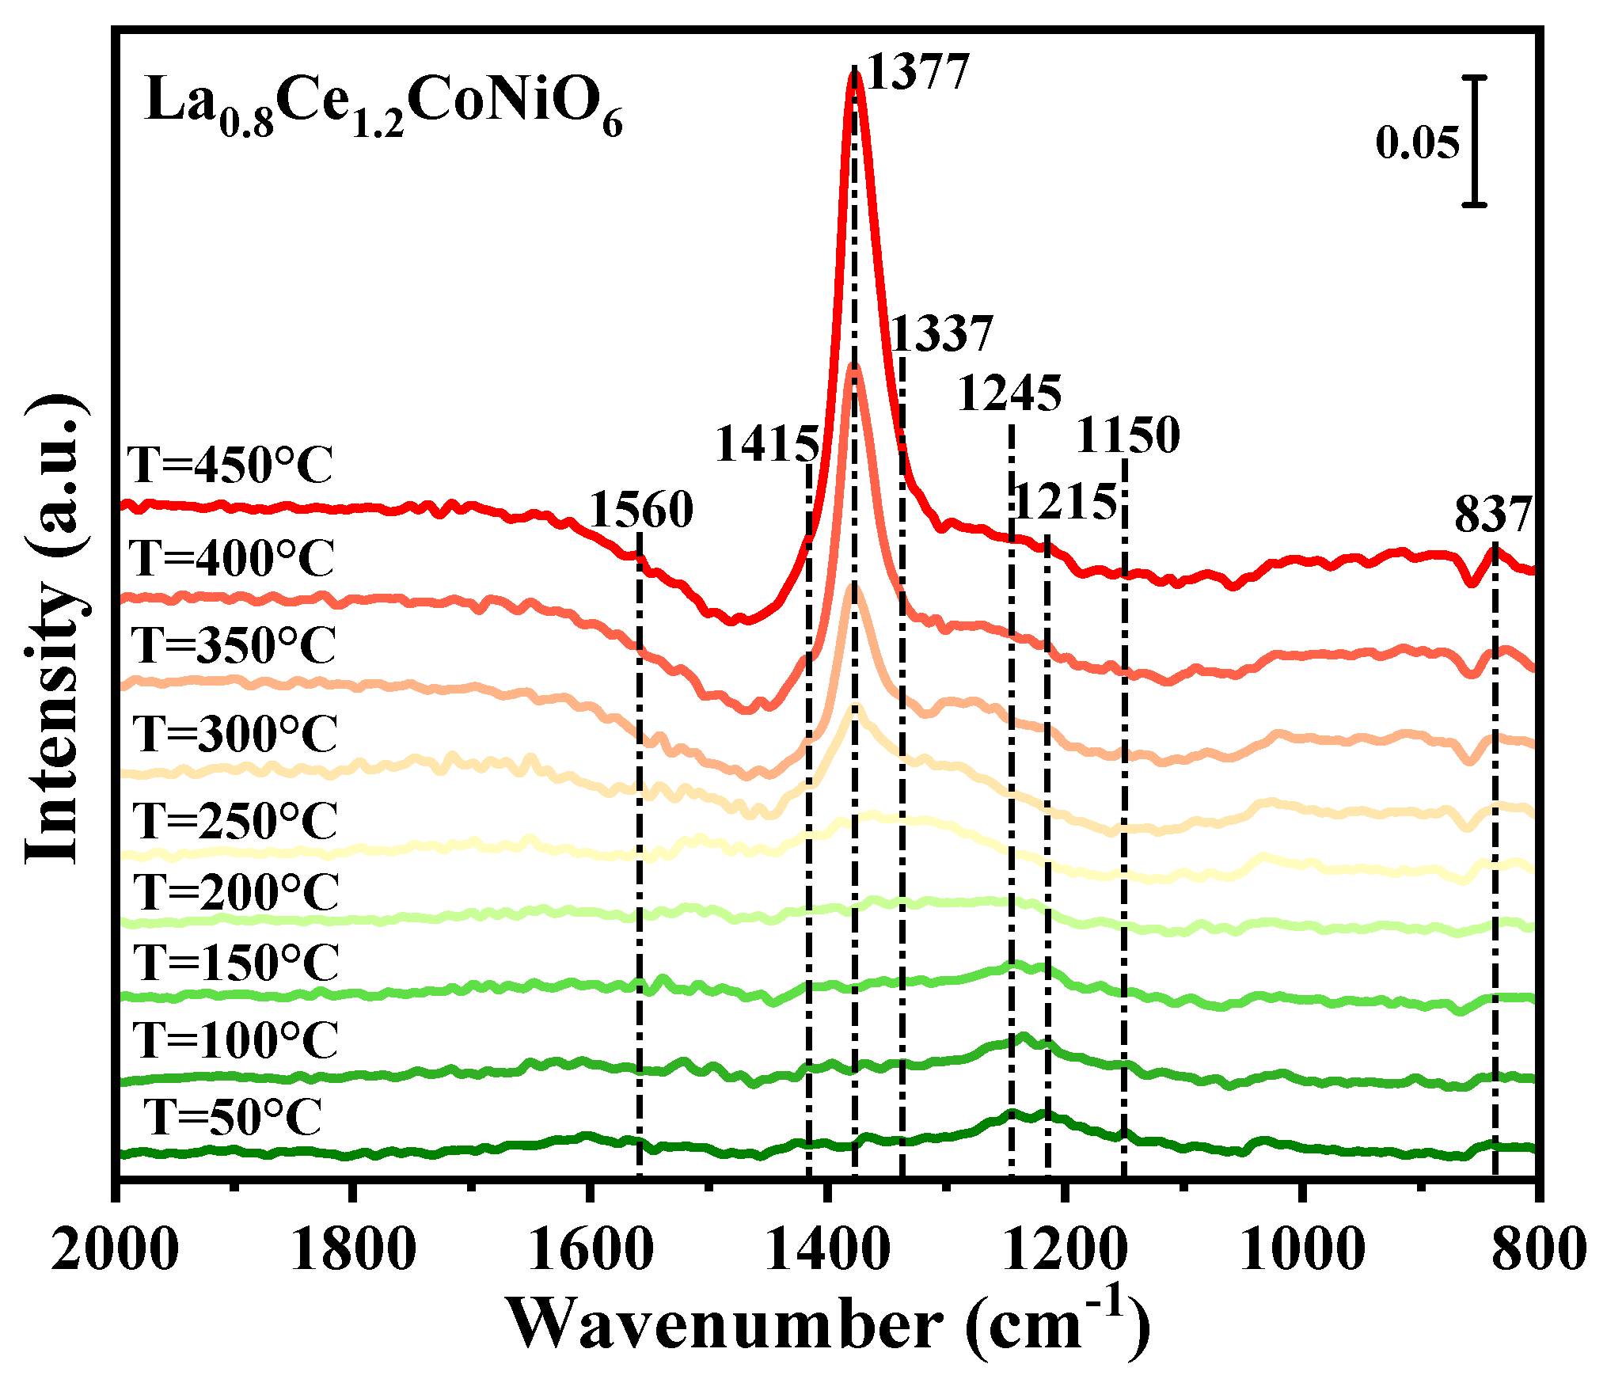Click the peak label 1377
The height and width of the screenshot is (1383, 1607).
point(918,73)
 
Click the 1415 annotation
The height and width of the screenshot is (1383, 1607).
point(766,444)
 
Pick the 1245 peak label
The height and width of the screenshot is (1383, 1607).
point(1009,393)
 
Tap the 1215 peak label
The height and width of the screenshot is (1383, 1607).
point(1065,502)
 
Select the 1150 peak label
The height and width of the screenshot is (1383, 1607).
point(1127,435)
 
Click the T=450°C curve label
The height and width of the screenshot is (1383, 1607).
point(230,465)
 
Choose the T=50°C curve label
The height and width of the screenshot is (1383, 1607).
point(233,1117)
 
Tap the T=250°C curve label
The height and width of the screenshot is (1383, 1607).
point(235,821)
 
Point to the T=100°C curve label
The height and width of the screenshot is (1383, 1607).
point(235,1039)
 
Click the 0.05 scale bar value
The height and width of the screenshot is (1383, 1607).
point(1416,143)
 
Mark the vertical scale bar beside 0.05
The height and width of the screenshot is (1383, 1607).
point(1474,141)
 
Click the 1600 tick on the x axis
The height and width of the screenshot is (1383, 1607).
point(590,1252)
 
